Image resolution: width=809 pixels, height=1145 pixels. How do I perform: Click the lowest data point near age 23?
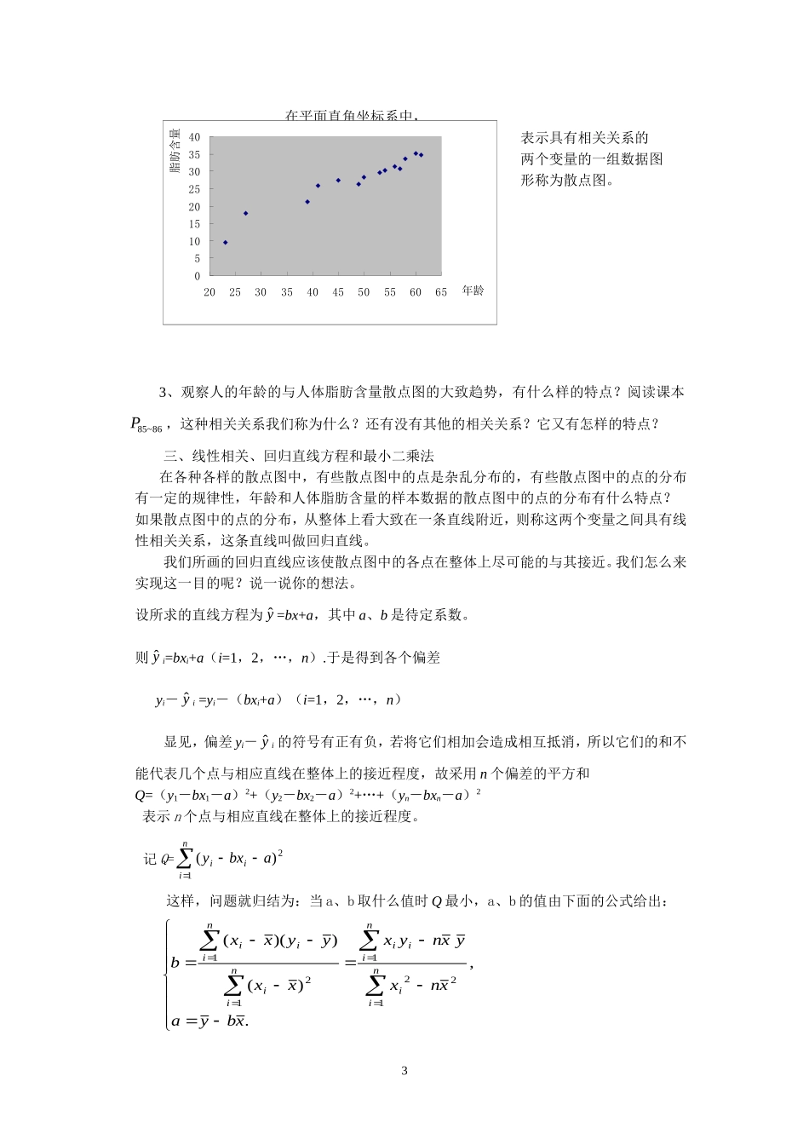point(225,243)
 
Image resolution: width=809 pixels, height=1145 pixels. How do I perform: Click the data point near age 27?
point(246,213)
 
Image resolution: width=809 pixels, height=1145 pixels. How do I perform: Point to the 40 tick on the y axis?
point(195,137)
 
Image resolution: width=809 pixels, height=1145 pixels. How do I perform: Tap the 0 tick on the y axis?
point(198,276)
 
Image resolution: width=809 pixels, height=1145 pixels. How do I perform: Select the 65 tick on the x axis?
point(441,292)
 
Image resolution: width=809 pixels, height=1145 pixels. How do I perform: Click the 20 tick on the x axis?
point(209,292)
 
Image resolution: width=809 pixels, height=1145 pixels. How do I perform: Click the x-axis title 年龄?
point(473,291)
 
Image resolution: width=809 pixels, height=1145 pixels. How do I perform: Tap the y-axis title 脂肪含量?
point(175,151)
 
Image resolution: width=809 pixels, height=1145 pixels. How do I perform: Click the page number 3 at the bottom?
point(404,1071)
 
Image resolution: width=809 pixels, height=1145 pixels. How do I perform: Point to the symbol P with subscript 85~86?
point(136,423)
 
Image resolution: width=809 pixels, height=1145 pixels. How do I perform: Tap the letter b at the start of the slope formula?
point(175,963)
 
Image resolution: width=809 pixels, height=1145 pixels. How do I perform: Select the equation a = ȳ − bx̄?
point(209,1021)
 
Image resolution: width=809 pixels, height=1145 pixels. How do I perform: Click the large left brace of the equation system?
point(167,974)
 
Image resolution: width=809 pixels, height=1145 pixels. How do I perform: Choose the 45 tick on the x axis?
point(338,292)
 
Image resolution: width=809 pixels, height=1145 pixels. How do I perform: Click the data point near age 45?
point(338,181)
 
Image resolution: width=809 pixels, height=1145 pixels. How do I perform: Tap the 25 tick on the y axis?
point(195,189)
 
